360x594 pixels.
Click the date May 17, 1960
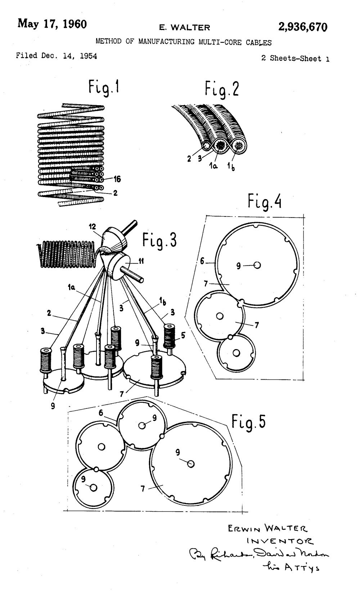point(52,24)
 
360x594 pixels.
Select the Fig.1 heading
point(104,88)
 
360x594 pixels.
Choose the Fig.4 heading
point(265,201)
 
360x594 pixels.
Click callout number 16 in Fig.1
point(117,179)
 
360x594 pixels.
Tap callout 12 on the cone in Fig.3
point(93,226)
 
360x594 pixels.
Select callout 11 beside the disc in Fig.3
point(141,262)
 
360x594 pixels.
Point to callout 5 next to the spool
point(183,335)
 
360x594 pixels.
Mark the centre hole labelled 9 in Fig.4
point(257,265)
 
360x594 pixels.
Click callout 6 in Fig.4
point(202,261)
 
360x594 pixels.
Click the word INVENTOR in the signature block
point(279,541)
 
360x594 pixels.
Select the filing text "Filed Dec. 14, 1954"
point(57,56)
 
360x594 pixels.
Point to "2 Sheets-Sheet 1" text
point(295,59)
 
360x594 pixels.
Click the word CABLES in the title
point(259,42)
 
